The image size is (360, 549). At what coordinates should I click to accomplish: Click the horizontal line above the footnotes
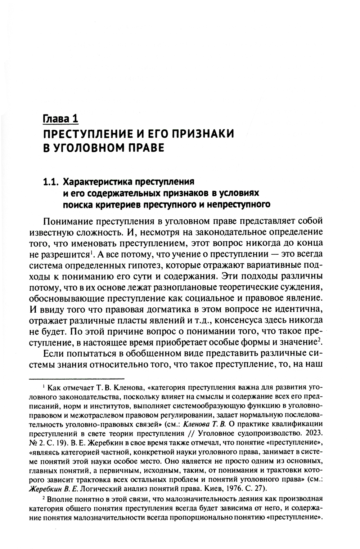[76, 379]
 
